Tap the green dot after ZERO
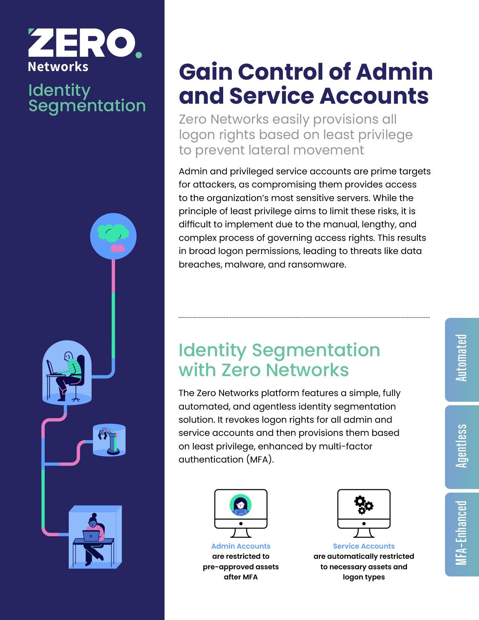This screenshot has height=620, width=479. click(139, 55)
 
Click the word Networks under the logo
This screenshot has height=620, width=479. click(58, 67)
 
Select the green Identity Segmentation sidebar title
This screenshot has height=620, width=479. click(87, 98)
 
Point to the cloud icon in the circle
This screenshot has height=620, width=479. click(113, 233)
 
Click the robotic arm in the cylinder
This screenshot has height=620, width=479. click(109, 440)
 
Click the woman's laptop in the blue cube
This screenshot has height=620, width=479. click(91, 535)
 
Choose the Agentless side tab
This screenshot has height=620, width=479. click(462, 446)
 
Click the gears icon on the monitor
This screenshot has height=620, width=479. click(364, 505)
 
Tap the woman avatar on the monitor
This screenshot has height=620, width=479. click(240, 505)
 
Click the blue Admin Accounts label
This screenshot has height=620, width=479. click(241, 546)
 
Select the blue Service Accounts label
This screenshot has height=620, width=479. click(364, 546)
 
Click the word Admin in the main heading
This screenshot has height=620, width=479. click(394, 71)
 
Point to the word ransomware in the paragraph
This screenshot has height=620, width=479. click(317, 264)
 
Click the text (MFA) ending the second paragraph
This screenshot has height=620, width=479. click(260, 460)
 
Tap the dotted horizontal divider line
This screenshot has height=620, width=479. click(304, 318)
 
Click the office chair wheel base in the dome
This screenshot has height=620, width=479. click(76, 398)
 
